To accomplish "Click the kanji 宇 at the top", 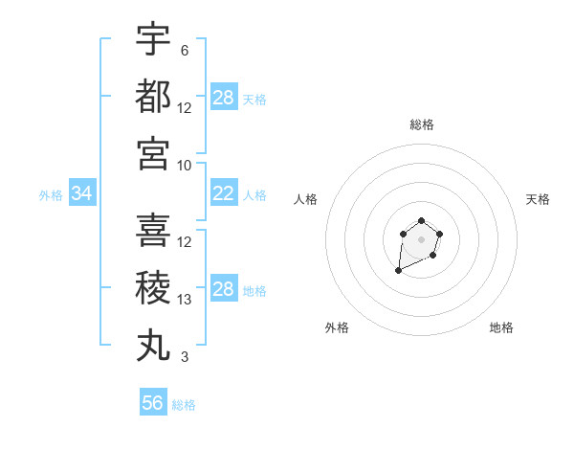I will coord(153,40).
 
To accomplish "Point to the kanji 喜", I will coord(153,231).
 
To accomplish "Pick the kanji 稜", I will coord(153,288).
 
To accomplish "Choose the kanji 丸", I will coord(153,346).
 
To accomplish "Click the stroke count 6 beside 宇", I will coord(185,51).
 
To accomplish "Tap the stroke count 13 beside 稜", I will coord(185,300).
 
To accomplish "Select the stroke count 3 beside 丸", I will coord(185,358).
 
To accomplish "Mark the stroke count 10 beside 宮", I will coord(185,165).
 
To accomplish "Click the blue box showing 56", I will coord(153,403).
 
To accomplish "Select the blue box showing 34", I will coord(82,194).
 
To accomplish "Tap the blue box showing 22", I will coord(224,194).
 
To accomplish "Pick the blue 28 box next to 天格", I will coord(224,98).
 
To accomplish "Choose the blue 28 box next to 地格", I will coord(224,290).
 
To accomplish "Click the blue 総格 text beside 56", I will coord(184,405).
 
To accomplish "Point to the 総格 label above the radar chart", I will coord(422,124).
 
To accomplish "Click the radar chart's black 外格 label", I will coord(337,327).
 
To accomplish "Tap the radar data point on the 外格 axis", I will coord(398,271).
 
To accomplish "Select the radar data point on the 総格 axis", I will coord(421,222).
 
